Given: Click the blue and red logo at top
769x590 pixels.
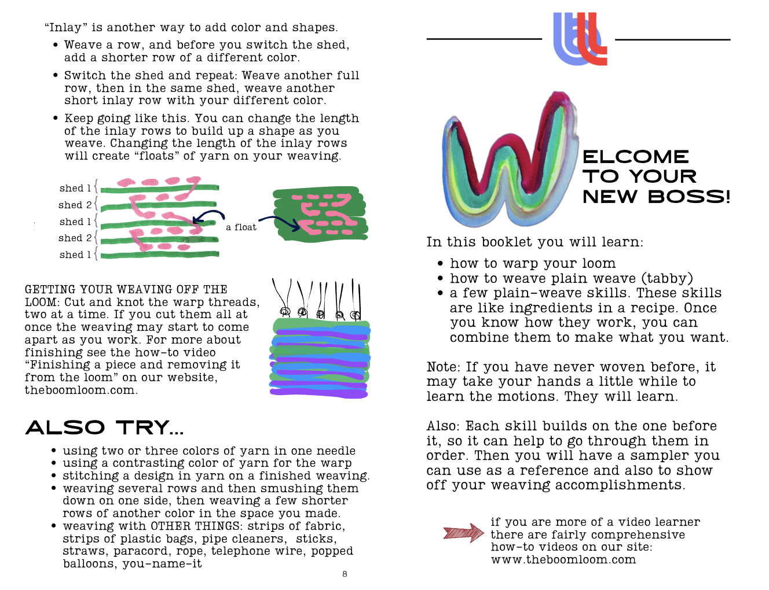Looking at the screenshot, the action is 580,39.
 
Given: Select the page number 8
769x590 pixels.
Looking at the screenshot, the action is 345,574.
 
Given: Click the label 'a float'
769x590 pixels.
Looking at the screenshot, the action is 241,227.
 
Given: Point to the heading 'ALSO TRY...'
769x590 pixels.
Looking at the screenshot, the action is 105,427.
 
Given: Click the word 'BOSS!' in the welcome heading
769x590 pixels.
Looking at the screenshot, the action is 689,197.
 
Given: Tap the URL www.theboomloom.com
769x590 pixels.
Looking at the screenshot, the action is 563,560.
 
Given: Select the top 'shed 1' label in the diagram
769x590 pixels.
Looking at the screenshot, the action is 75,188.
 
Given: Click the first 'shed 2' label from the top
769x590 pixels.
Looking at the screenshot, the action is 75,205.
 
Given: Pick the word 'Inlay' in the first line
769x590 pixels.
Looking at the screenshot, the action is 65,28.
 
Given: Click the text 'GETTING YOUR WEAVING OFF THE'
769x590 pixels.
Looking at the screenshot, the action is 126,289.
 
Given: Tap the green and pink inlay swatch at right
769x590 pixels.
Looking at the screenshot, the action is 320,214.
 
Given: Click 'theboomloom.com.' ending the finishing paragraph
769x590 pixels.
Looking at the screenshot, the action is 81,390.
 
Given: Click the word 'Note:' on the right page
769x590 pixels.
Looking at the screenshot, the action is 444,367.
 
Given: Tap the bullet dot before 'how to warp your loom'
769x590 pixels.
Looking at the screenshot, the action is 441,264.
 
